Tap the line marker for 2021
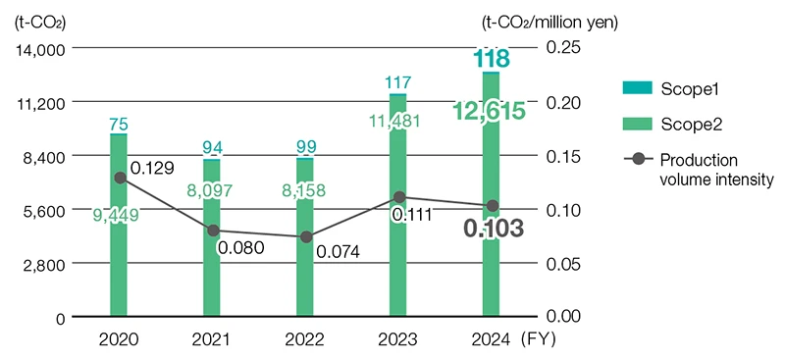[x=212, y=231]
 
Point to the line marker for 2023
[x=398, y=197]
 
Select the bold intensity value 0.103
[x=492, y=229]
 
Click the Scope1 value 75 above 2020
[x=119, y=124]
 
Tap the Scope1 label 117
[x=398, y=82]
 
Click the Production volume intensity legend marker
[x=639, y=159]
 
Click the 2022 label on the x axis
[x=305, y=340]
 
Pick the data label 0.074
[x=339, y=251]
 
